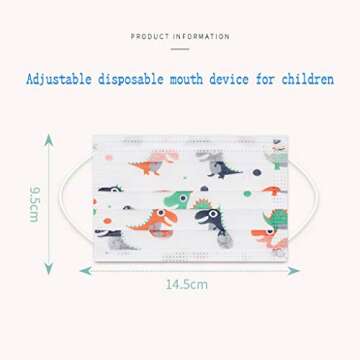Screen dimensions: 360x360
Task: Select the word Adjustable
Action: point(61,79)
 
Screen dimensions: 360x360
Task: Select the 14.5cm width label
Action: point(186,285)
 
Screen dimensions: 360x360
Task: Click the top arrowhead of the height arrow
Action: point(48,139)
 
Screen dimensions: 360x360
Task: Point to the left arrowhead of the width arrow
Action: point(84,270)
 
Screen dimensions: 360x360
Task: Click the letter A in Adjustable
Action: point(30,79)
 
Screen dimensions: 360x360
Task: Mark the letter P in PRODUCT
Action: point(133,37)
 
